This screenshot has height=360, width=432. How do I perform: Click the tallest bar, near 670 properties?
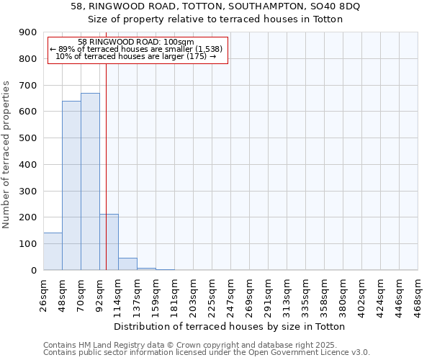coord(90,181)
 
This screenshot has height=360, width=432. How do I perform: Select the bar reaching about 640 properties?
coord(71,186)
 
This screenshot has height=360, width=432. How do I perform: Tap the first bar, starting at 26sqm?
coord(53,251)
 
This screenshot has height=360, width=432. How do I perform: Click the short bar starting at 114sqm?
coord(127,264)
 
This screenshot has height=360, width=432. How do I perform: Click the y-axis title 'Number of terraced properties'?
coord(6,155)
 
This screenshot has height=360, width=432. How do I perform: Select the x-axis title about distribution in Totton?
coord(230,326)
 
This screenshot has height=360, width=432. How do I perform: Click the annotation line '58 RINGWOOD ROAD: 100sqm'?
coord(136,42)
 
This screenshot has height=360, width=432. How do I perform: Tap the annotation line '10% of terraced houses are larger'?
coord(136,56)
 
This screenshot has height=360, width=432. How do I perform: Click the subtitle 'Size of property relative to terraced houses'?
coord(217,19)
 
